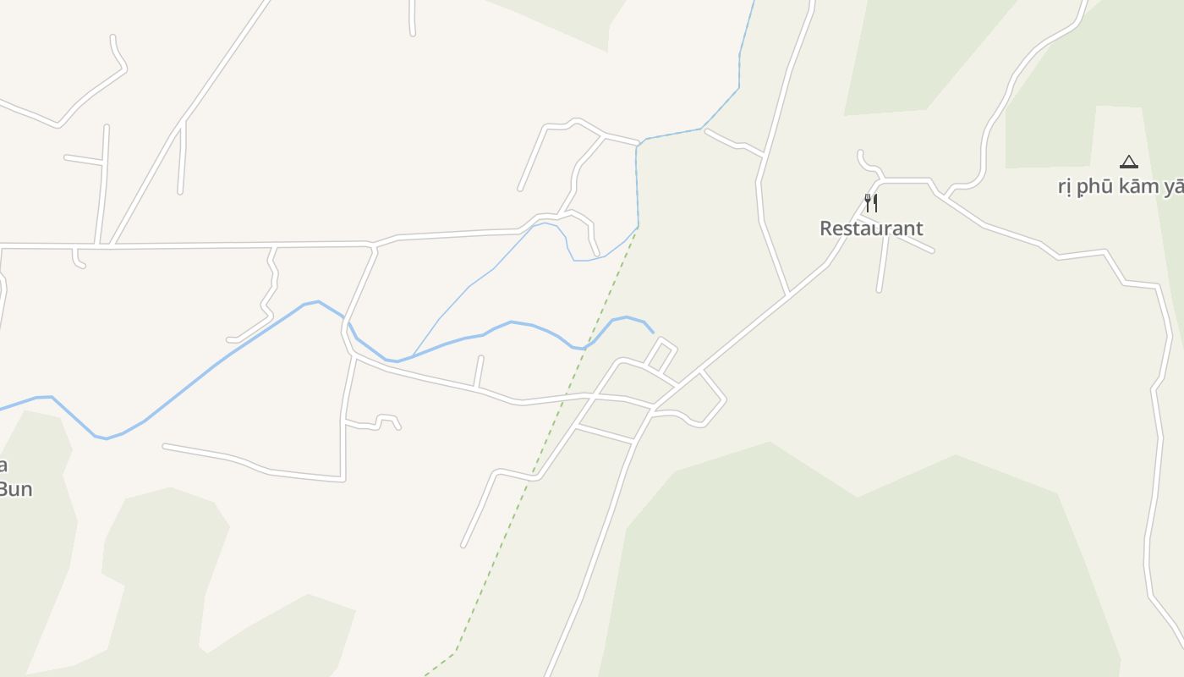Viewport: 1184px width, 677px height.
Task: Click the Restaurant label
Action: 871,228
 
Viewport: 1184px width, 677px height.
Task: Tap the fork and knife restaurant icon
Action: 871,202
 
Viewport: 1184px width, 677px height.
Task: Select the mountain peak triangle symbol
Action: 1128,162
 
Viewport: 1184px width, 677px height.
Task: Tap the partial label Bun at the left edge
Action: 15,488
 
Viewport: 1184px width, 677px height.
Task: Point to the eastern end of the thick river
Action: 653,332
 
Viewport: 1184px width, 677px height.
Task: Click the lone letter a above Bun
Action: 3,465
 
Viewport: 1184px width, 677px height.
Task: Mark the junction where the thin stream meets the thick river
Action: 413,356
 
